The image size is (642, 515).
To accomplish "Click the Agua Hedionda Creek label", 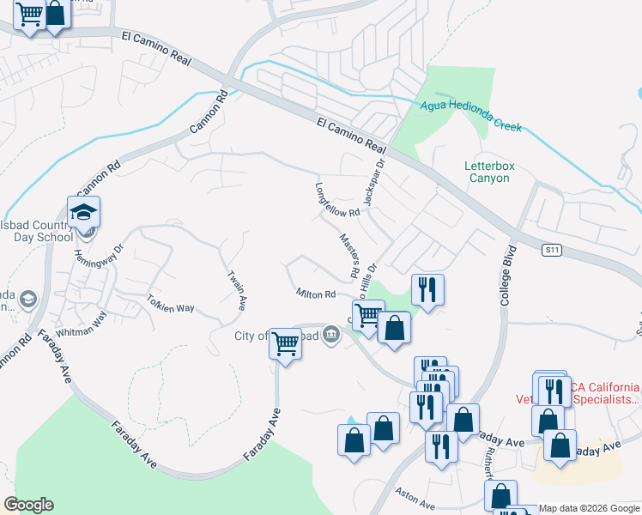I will pos(471,116).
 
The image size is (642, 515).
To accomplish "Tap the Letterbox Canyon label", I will pos(487,172).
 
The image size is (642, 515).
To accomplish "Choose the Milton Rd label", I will pos(315,294).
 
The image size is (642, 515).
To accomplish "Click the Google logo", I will pos(27,505).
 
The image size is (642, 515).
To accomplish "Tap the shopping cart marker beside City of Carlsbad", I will pos(285,344).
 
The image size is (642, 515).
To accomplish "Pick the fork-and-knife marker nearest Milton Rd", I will pos(427,288).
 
